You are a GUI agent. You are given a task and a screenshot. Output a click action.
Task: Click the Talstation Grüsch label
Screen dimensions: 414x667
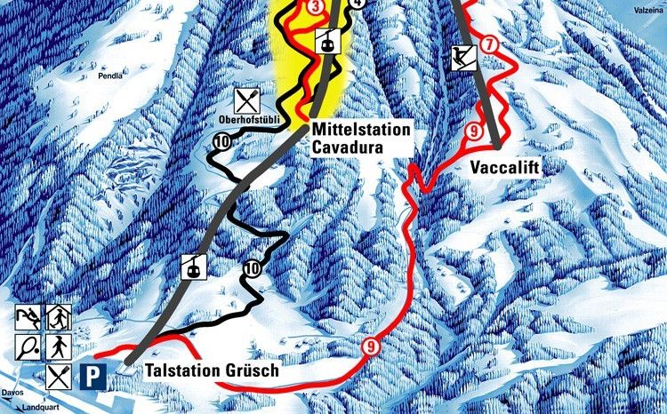tap(203, 371)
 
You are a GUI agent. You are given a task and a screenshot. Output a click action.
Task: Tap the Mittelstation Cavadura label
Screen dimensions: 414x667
tap(361, 137)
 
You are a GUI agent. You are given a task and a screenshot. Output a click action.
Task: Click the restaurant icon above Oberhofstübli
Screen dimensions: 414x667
tap(246, 99)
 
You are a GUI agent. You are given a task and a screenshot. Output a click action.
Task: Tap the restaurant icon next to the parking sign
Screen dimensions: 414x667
tap(60, 376)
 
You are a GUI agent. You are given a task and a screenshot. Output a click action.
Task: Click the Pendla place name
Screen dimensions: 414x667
tap(111, 76)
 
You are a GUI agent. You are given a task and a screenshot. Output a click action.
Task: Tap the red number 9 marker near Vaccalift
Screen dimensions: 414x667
tap(472, 132)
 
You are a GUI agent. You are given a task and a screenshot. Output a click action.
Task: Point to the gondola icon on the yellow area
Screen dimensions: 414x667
tap(328, 40)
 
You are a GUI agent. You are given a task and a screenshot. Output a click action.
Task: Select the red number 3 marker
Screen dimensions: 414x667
tap(317, 6)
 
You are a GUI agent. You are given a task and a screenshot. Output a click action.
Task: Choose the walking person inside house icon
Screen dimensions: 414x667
tap(60, 315)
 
